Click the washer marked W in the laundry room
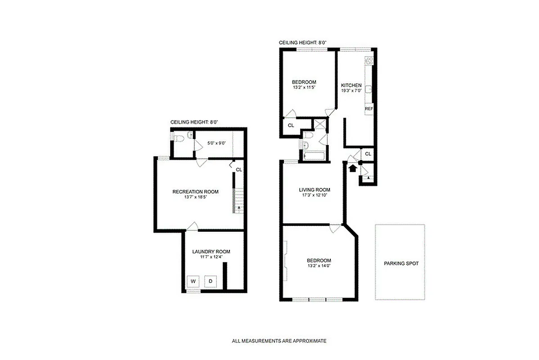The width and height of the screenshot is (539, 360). pos(193,282)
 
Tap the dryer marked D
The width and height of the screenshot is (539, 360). pos(210,282)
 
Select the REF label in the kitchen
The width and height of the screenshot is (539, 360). pos(369,108)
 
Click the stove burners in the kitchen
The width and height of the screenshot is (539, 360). pos(369,61)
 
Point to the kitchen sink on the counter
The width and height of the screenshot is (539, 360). pos(368,89)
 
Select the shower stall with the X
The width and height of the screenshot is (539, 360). pos(320,124)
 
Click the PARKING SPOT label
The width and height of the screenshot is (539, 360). pos(401,264)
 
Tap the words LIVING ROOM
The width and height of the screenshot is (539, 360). pos(314,189)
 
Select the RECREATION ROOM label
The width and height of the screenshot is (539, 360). pos(195,192)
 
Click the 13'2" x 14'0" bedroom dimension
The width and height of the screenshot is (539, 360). pos(319,266)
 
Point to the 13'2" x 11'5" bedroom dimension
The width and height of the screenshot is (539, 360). pos(304,87)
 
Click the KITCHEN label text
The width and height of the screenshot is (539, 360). pos(351,85)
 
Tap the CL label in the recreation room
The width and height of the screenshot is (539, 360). pos(239,170)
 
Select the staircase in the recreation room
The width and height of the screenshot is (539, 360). pos(237,201)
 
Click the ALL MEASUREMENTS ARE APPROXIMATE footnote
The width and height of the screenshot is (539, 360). pos(279,341)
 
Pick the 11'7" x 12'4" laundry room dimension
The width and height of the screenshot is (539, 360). pos(211,257)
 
